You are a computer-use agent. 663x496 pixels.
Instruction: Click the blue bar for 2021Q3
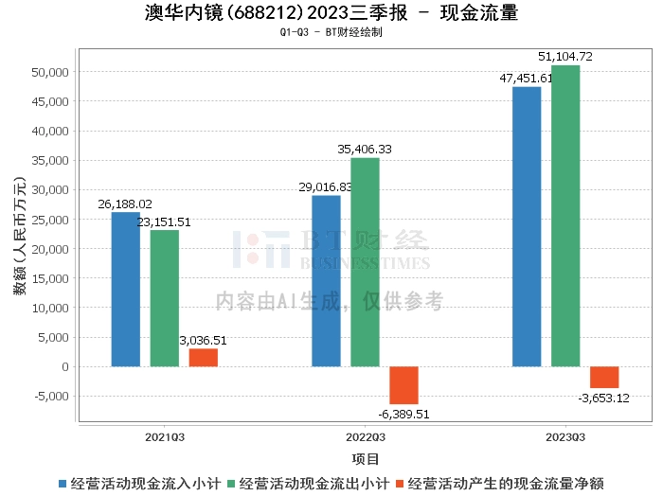coord(125,289)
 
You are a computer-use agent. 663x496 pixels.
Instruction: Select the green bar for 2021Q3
coord(164,298)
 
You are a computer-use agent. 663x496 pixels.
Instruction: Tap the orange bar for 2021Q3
coord(203,357)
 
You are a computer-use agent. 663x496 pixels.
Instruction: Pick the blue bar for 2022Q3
coord(326,280)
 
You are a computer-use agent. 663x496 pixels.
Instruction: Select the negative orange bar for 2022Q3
coord(403,385)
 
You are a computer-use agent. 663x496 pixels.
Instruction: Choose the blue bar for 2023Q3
coord(527,226)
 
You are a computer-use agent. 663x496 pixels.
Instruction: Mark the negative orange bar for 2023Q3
coord(604,377)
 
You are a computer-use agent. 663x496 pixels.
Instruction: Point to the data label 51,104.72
coord(564,57)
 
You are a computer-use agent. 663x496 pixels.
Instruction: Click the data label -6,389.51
coord(404,414)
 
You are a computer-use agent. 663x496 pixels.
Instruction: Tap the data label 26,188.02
coord(125,204)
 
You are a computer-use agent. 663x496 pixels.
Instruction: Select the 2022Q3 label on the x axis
coord(365,437)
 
